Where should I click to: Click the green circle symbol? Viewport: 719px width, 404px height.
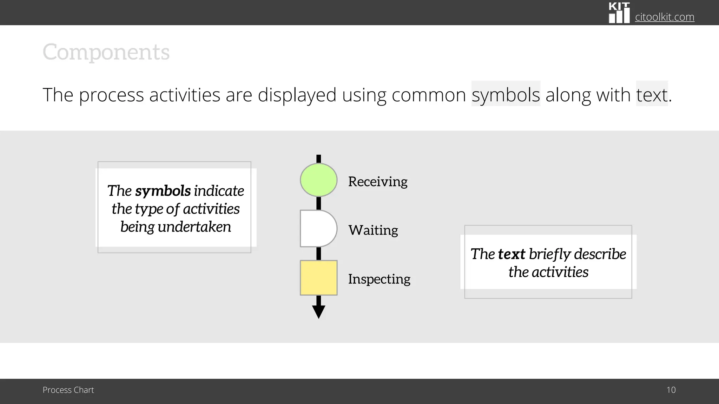pos(318,180)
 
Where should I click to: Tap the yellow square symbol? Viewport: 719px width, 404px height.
pos(318,278)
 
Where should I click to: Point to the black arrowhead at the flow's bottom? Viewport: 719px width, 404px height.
pos(318,311)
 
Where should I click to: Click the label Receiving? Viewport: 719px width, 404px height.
pos(378,182)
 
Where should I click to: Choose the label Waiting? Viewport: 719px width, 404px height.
pos(373,230)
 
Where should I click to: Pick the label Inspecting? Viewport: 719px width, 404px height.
pos(379,279)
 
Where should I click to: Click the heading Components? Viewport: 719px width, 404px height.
pos(106,52)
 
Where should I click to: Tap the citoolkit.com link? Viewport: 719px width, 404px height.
pos(665,17)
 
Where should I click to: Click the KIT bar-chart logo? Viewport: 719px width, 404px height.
pos(619,13)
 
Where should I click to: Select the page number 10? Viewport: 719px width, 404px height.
pos(671,390)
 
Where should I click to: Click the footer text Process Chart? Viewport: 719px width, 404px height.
pos(68,390)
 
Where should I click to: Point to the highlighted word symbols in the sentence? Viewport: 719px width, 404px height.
pos(506,95)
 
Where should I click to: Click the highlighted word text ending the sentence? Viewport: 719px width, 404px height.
pos(652,95)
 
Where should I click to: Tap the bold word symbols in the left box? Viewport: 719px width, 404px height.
pos(163,191)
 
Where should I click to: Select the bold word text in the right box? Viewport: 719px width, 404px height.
pos(512,254)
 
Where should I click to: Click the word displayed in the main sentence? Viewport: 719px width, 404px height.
pos(297,95)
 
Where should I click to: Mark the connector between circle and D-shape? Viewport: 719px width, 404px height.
pos(318,203)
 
